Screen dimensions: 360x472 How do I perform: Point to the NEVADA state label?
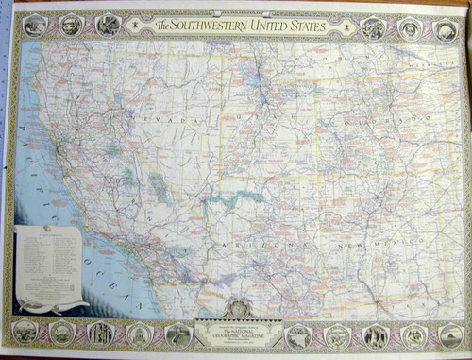172,122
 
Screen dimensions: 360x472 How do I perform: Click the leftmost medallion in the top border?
35,26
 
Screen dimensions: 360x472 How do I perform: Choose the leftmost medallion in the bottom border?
25,331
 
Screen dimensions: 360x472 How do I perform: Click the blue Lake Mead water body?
226,200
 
